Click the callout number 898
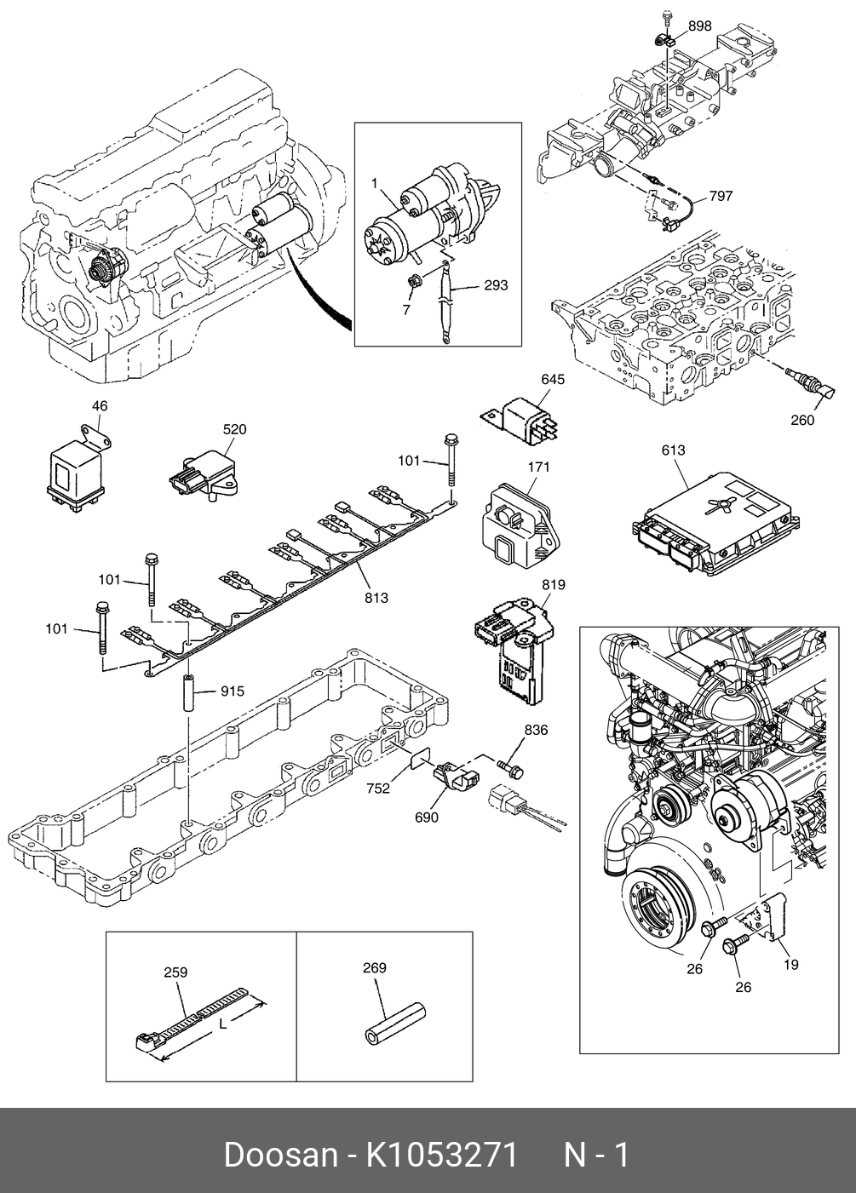click(x=700, y=26)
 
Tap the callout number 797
click(x=721, y=197)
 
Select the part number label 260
click(x=802, y=420)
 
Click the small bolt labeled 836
click(x=510, y=767)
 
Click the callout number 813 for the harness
click(x=376, y=598)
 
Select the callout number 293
click(x=496, y=285)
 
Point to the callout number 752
click(x=378, y=789)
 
